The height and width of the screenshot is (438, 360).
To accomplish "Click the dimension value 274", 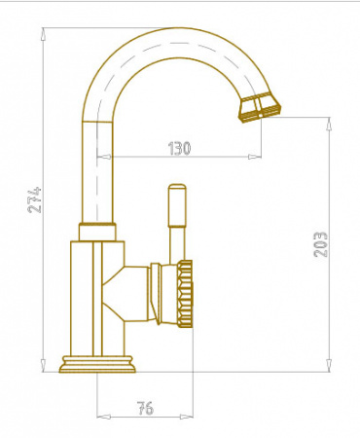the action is (x=35, y=200).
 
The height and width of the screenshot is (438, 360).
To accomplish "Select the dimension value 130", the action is (x=179, y=148).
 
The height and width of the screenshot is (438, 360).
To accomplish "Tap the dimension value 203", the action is (x=320, y=244).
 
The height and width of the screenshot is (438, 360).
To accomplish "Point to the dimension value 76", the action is (x=145, y=408).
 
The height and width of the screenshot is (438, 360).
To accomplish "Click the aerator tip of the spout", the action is (x=260, y=107).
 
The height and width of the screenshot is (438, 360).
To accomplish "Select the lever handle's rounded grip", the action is (x=177, y=205).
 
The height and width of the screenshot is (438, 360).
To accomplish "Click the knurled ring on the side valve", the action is (x=185, y=293).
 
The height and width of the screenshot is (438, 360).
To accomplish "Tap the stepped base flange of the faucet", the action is (x=97, y=364).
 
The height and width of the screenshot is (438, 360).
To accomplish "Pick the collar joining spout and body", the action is (x=97, y=232).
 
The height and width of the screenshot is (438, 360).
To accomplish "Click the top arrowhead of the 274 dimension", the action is (x=43, y=34).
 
